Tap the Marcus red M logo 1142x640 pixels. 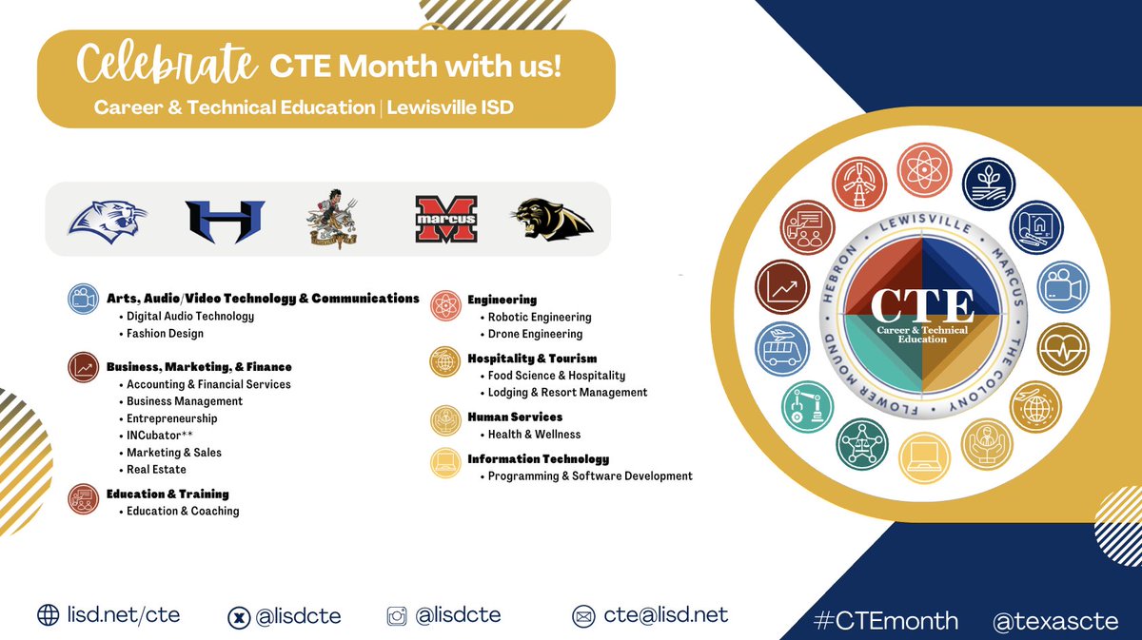tap(445, 219)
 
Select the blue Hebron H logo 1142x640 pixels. tap(224, 220)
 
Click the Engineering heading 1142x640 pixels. tap(502, 301)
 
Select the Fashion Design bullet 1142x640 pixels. tap(165, 334)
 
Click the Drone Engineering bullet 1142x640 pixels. tap(535, 334)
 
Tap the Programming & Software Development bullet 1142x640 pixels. tap(590, 475)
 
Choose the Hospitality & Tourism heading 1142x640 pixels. tap(532, 359)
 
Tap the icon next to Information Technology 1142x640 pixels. tap(444, 463)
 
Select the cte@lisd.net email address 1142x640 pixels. tap(665, 615)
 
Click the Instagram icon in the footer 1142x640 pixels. tap(397, 616)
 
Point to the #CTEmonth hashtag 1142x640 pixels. tap(887, 621)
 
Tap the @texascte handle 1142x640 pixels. tap(1054, 621)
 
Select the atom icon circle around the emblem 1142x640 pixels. tap(922, 169)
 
